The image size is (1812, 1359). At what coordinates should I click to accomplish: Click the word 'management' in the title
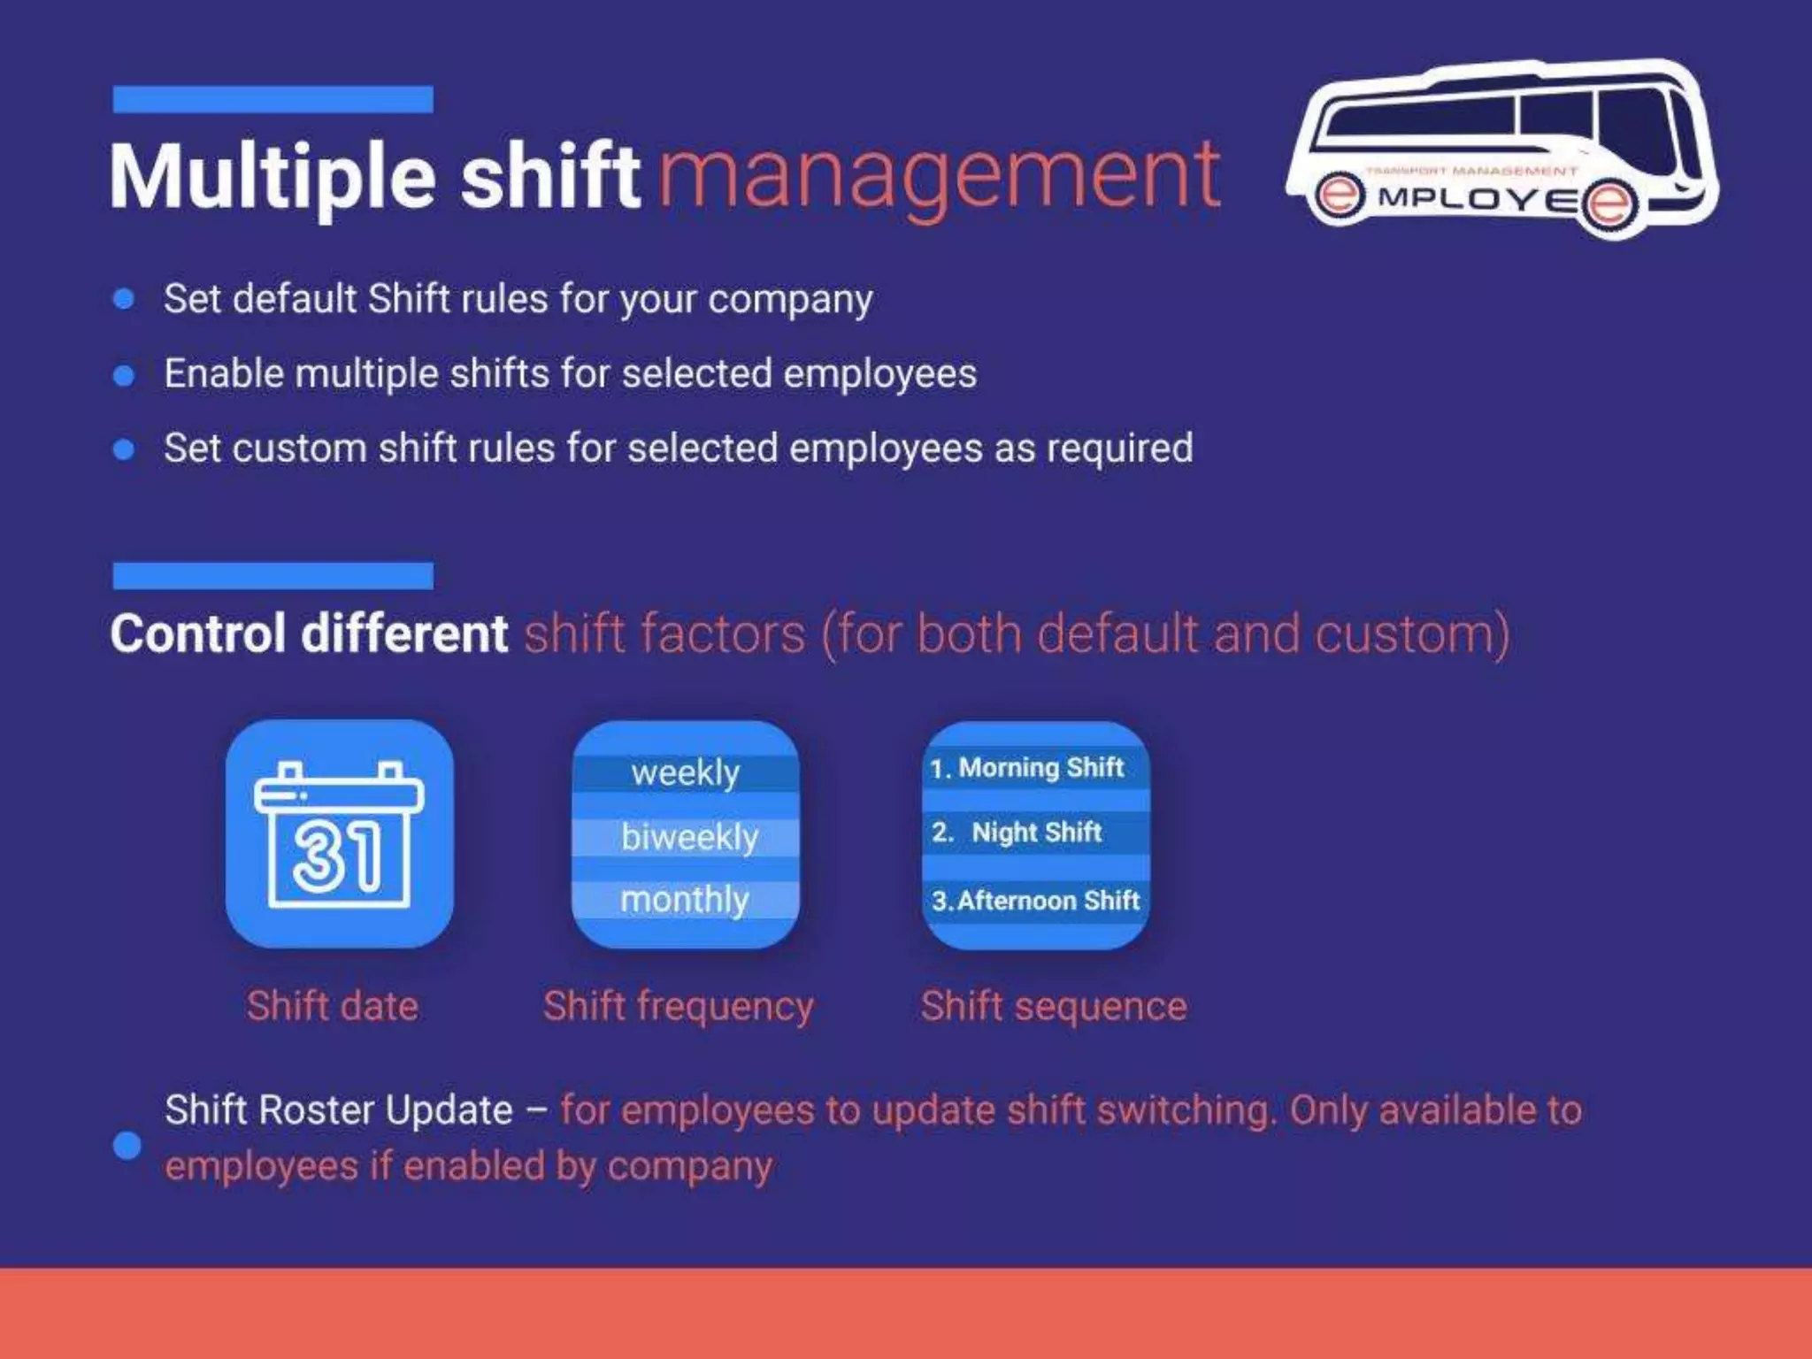point(940,177)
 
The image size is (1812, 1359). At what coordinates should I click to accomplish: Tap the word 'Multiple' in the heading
point(273,177)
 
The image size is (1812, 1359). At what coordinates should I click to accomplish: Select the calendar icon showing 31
point(339,833)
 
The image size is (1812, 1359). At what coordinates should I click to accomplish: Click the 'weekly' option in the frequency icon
point(686,772)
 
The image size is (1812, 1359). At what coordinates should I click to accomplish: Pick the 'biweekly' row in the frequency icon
point(689,837)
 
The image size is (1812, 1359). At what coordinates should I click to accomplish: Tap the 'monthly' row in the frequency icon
point(685,900)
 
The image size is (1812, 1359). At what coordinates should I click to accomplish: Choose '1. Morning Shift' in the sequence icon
point(1027,767)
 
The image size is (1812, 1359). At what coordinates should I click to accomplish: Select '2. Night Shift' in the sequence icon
point(1017,832)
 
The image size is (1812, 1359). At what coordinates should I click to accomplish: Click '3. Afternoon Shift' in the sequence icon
point(1035,901)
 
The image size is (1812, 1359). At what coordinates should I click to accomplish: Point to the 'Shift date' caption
point(333,1006)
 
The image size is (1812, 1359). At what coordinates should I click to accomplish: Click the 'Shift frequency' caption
point(679,1007)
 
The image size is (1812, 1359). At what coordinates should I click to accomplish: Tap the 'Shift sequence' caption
point(1054,1007)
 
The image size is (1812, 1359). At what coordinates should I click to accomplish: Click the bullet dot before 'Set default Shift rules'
point(124,299)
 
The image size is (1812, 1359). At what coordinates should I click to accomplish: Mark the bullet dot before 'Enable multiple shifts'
point(124,375)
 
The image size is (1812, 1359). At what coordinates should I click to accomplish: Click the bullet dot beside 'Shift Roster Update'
point(127,1145)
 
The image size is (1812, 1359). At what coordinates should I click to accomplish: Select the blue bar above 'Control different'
point(273,575)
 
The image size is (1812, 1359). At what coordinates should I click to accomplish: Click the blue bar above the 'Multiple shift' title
point(273,99)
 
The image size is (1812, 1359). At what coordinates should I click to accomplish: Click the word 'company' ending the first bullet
point(790,299)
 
